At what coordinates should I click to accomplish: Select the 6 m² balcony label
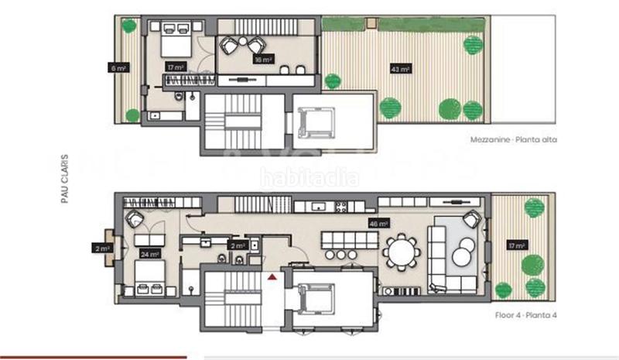click(118, 68)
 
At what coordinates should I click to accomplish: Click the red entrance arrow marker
click(272, 276)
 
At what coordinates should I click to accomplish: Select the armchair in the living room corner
click(470, 219)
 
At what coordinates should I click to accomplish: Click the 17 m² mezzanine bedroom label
click(173, 68)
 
